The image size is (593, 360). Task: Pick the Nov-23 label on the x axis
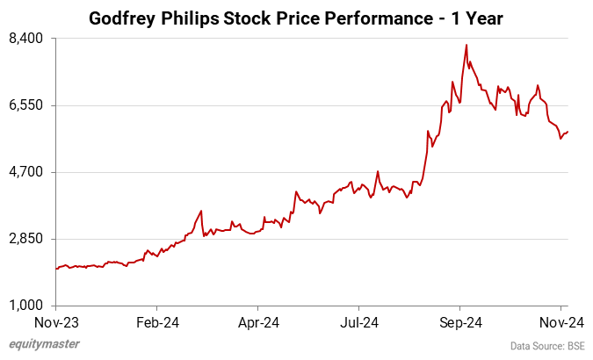(x=56, y=321)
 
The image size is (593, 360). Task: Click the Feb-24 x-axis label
(x=157, y=321)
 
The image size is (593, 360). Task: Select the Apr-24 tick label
(x=258, y=321)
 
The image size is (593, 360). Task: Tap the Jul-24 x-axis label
(x=360, y=321)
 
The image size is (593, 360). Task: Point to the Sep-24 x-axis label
(x=461, y=321)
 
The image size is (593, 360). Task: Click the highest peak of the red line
(x=466, y=45)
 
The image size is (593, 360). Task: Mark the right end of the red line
(x=568, y=132)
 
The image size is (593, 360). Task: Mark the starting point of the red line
(x=56, y=269)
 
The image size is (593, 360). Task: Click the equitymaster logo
(x=43, y=344)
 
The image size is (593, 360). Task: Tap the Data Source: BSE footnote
(x=547, y=346)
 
